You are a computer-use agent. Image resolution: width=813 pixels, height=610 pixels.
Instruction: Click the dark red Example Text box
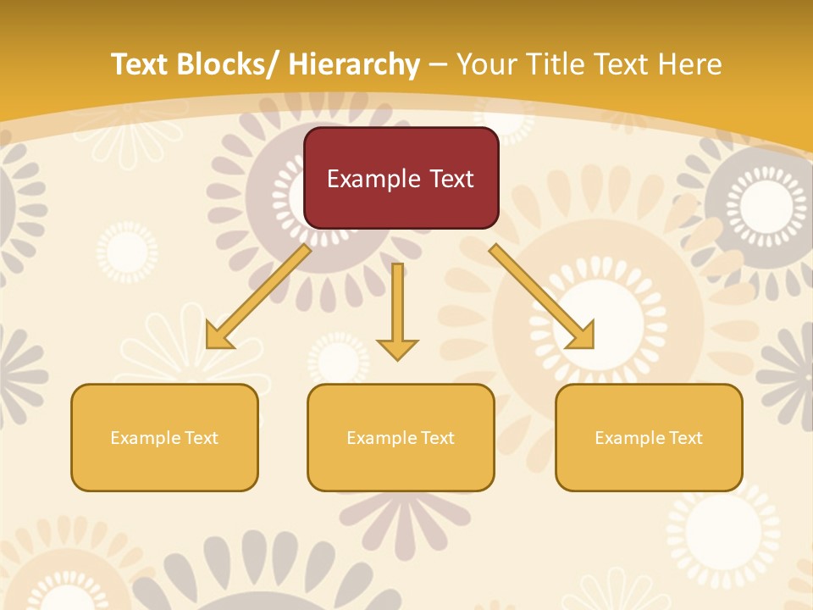[x=401, y=178]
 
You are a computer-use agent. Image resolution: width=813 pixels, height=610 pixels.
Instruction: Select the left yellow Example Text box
[x=164, y=437]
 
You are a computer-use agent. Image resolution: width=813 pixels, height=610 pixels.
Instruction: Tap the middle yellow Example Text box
[x=401, y=437]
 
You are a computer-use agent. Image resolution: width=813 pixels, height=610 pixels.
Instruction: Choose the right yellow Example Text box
[x=649, y=437]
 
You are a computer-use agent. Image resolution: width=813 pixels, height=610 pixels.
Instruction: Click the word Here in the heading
[x=690, y=64]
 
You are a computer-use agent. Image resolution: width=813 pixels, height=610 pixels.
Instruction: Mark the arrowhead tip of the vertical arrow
[x=397, y=359]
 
